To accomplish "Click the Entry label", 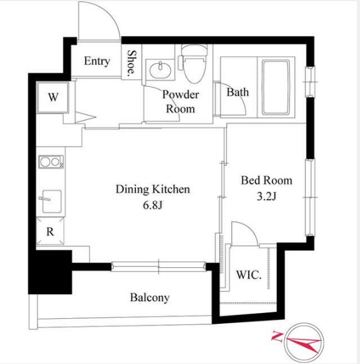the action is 97,61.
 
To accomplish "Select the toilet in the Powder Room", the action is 194,63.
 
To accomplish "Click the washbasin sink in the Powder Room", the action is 160,70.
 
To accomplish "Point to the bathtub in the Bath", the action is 276,87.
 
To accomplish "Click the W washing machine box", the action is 53,97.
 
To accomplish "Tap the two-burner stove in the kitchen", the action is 51,162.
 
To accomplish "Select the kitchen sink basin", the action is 52,201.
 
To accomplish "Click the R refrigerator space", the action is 50,231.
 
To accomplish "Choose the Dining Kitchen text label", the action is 153,189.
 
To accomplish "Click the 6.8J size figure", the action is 152,205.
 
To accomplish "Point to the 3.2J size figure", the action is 266,197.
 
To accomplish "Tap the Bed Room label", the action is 266,180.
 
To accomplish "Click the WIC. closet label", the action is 249,275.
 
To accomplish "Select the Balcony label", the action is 150,298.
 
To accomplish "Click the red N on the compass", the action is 278,336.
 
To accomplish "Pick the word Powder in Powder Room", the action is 181,94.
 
